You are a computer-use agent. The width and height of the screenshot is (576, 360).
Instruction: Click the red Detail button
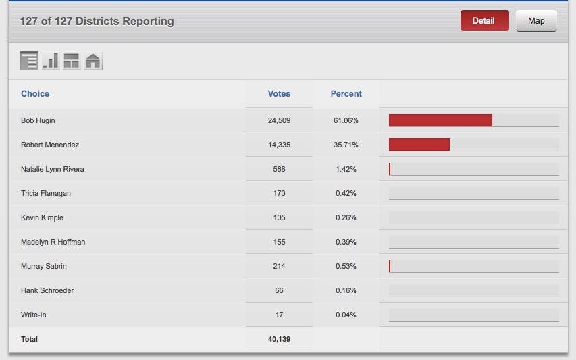pos(484,21)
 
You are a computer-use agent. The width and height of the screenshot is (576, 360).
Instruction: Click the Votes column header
pos(279,94)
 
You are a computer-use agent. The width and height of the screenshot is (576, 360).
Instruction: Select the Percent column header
pos(346,94)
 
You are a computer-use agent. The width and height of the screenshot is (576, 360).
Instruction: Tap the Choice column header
pos(35,94)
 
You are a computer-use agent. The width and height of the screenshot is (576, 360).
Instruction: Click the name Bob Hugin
pos(38,120)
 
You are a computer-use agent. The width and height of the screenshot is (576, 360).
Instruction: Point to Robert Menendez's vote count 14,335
pos(279,145)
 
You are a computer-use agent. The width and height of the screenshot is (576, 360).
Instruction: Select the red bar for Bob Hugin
pos(440,120)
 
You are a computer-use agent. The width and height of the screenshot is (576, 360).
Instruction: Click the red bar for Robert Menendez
pos(419,145)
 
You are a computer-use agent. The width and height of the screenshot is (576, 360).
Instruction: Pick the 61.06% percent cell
pos(346,120)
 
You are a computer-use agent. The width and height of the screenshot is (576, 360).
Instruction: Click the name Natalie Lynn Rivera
pos(53,169)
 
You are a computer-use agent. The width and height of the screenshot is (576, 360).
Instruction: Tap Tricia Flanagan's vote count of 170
pos(279,193)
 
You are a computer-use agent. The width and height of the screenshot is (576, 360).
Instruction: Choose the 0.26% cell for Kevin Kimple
pos(346,217)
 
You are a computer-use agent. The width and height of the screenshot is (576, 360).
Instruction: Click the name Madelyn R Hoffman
pos(53,242)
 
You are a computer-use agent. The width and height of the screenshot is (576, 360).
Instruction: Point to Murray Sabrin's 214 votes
pos(279,266)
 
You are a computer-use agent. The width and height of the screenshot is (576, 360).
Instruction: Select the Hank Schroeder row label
pos(47,290)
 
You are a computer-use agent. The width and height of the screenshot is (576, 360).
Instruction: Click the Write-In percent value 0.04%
pos(346,315)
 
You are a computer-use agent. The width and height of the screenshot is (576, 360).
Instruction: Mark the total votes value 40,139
pos(279,339)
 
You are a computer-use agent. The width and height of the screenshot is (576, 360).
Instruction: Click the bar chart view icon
pos(51,61)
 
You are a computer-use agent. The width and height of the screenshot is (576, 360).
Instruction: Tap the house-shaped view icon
pos(93,61)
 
